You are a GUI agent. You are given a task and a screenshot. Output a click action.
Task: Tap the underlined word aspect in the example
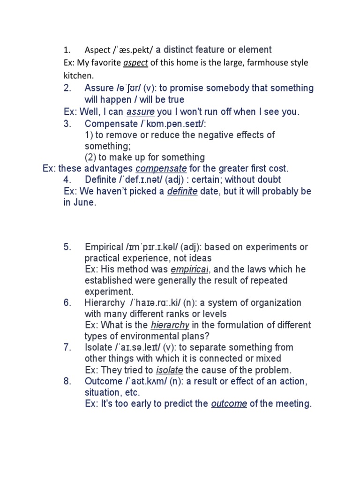point(135,63)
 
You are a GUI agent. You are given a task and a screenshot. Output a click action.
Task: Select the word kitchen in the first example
point(78,75)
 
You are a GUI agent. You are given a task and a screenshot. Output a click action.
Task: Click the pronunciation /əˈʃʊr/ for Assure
point(128,88)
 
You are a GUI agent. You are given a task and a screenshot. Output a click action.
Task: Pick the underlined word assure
point(140,112)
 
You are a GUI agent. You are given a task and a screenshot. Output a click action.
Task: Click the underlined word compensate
point(161,168)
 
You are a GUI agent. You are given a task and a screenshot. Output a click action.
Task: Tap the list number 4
point(67,180)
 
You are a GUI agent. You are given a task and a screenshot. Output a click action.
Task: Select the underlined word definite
point(182,191)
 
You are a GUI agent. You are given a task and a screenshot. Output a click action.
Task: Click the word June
point(85,202)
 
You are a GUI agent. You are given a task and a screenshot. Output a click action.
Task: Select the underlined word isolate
point(169,370)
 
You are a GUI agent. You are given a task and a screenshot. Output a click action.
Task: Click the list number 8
point(67,381)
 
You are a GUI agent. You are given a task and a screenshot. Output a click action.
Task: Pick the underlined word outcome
point(229,404)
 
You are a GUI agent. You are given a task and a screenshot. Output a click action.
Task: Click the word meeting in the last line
point(294,404)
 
